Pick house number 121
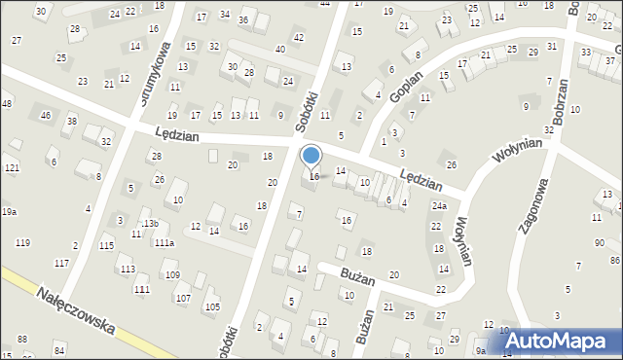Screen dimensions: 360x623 pos(11,168)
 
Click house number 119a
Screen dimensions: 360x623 pos(8,211)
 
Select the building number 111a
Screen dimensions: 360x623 pos(164,242)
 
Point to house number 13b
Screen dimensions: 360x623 pos(150,223)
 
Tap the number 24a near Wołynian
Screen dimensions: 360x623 pos(439,206)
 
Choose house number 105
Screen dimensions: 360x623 pos(211,307)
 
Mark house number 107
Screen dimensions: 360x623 pos(182,297)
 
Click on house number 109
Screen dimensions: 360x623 pos(171,275)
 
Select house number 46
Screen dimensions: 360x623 pos(45,116)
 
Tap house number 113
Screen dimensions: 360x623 pos(127,269)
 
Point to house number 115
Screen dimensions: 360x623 pos(106,245)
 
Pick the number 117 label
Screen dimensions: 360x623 pos(61,263)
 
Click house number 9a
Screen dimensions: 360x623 pos(480,350)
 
